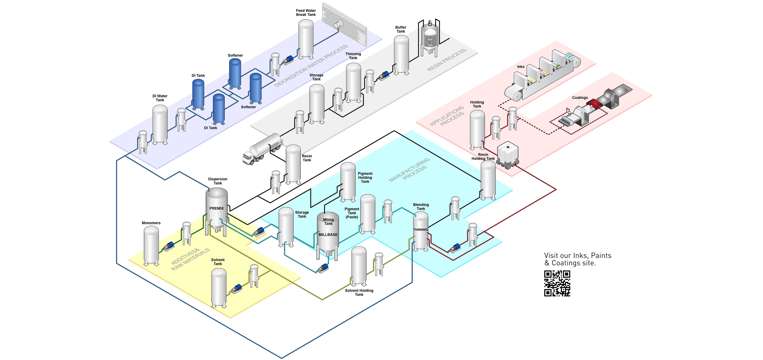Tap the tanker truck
click(x=262, y=149)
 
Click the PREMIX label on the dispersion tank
click(x=217, y=208)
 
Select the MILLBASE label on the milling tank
click(x=328, y=234)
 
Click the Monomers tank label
click(x=151, y=223)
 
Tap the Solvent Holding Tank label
click(x=359, y=292)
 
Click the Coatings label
click(x=580, y=98)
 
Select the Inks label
click(x=521, y=67)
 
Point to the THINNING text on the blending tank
click(x=420, y=230)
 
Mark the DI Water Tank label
click(x=160, y=98)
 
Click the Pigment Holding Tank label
click(x=365, y=178)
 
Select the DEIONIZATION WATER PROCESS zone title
click(x=311, y=66)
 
